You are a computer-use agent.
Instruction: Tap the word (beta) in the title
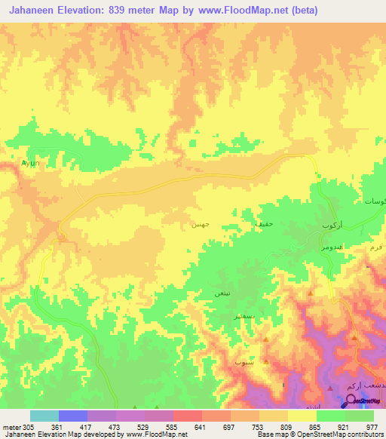point(300,11)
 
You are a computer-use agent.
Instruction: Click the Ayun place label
point(29,162)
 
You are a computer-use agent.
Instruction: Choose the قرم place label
point(376,247)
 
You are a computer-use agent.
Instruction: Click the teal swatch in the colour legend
point(44,416)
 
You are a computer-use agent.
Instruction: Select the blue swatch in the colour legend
point(72,416)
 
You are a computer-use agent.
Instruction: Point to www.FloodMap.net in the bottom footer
point(157,434)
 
